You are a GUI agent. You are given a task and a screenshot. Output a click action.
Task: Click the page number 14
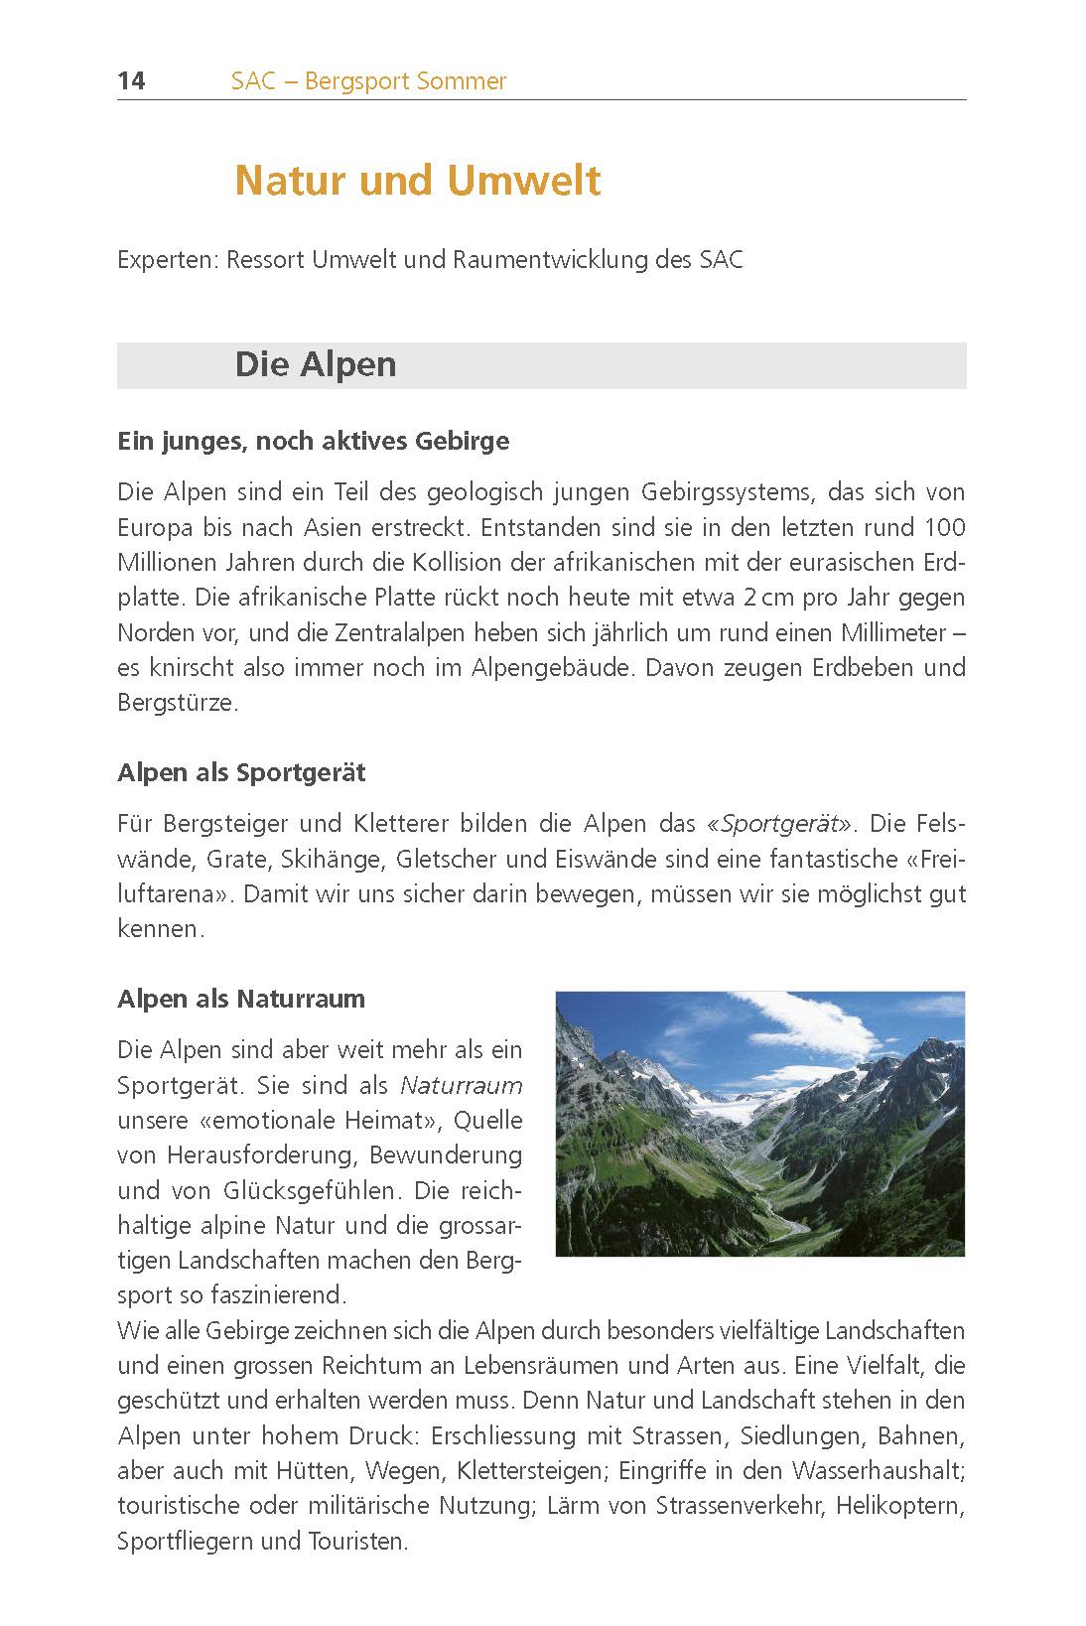click(x=131, y=81)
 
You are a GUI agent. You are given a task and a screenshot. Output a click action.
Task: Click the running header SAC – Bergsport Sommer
click(x=368, y=81)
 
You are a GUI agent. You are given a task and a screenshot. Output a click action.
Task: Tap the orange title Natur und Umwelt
click(x=418, y=181)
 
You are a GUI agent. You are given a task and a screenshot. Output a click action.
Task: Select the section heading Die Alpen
click(x=316, y=364)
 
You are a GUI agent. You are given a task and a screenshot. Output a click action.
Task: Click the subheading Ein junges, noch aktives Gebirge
click(x=313, y=441)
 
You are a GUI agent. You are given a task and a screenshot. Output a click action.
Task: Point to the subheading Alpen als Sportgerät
click(x=241, y=772)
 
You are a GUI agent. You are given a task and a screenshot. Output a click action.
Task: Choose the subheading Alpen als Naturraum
click(x=241, y=999)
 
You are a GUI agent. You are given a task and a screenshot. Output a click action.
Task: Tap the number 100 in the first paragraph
click(x=944, y=527)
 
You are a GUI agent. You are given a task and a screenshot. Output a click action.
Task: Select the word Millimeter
click(x=884, y=632)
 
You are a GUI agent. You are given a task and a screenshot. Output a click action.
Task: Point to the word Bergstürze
click(x=177, y=703)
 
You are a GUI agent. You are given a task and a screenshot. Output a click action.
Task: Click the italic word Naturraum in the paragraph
click(x=461, y=1085)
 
